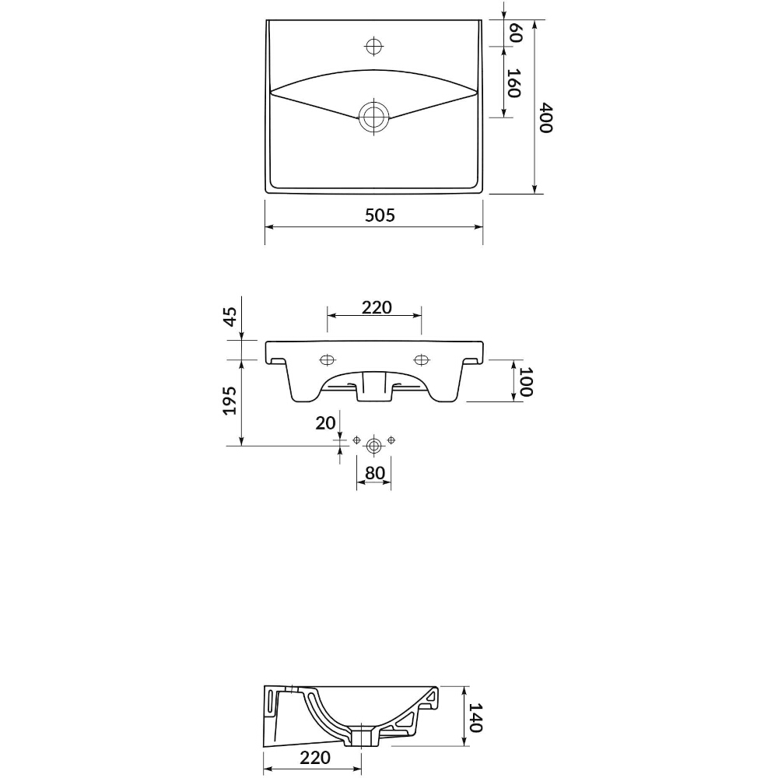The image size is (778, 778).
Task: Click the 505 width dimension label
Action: click(x=380, y=215)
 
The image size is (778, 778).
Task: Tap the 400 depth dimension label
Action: click(x=546, y=118)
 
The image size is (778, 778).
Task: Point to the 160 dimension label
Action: click(x=513, y=83)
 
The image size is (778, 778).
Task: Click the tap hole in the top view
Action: click(x=373, y=46)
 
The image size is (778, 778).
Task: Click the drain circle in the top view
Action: click(x=373, y=117)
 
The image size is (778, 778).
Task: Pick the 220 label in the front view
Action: click(x=377, y=307)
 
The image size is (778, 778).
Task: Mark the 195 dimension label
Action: click(x=230, y=401)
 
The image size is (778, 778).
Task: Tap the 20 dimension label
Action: click(x=325, y=422)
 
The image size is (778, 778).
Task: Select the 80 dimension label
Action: click(x=375, y=473)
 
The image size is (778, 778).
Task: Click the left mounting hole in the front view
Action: click(x=327, y=360)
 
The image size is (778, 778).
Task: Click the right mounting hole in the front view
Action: click(x=422, y=359)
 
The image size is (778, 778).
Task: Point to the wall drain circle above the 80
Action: click(x=373, y=446)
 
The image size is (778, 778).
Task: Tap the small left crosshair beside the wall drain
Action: click(x=356, y=440)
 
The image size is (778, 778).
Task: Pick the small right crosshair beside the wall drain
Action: click(x=391, y=440)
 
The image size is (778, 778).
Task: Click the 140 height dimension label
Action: click(x=475, y=717)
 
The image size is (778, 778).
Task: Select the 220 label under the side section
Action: click(x=315, y=758)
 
